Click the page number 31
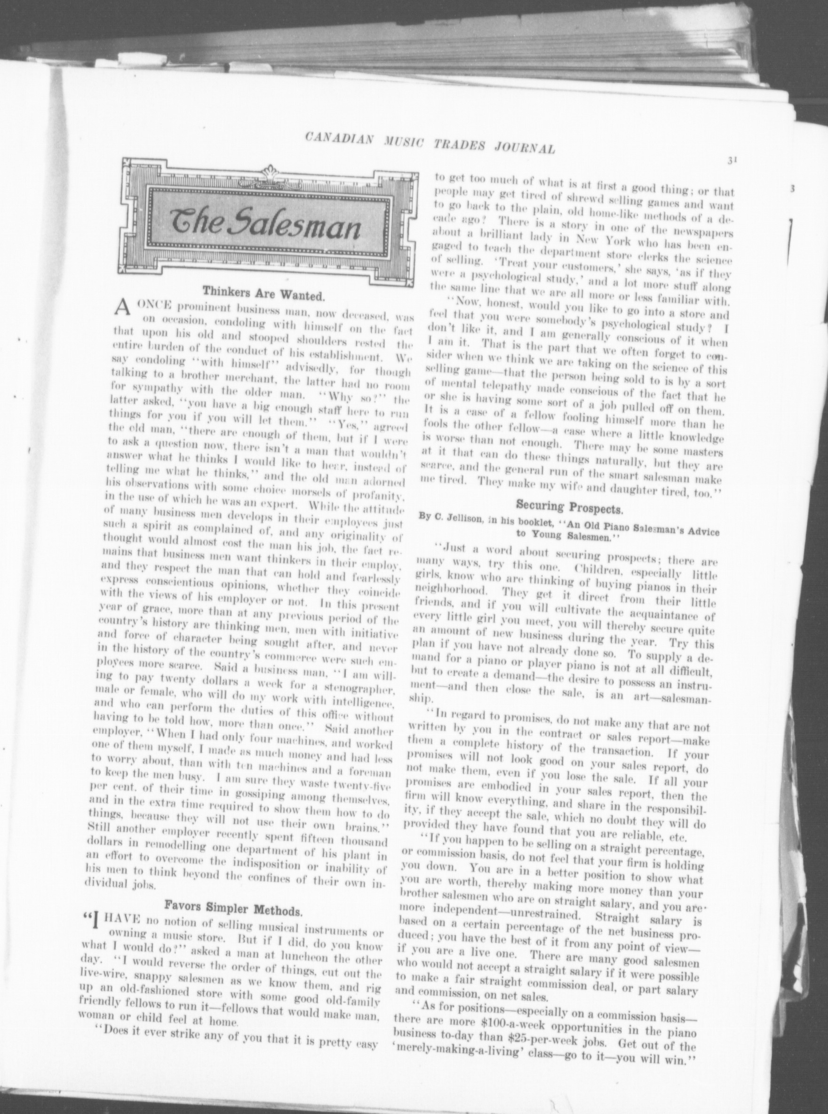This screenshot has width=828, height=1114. [729, 160]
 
